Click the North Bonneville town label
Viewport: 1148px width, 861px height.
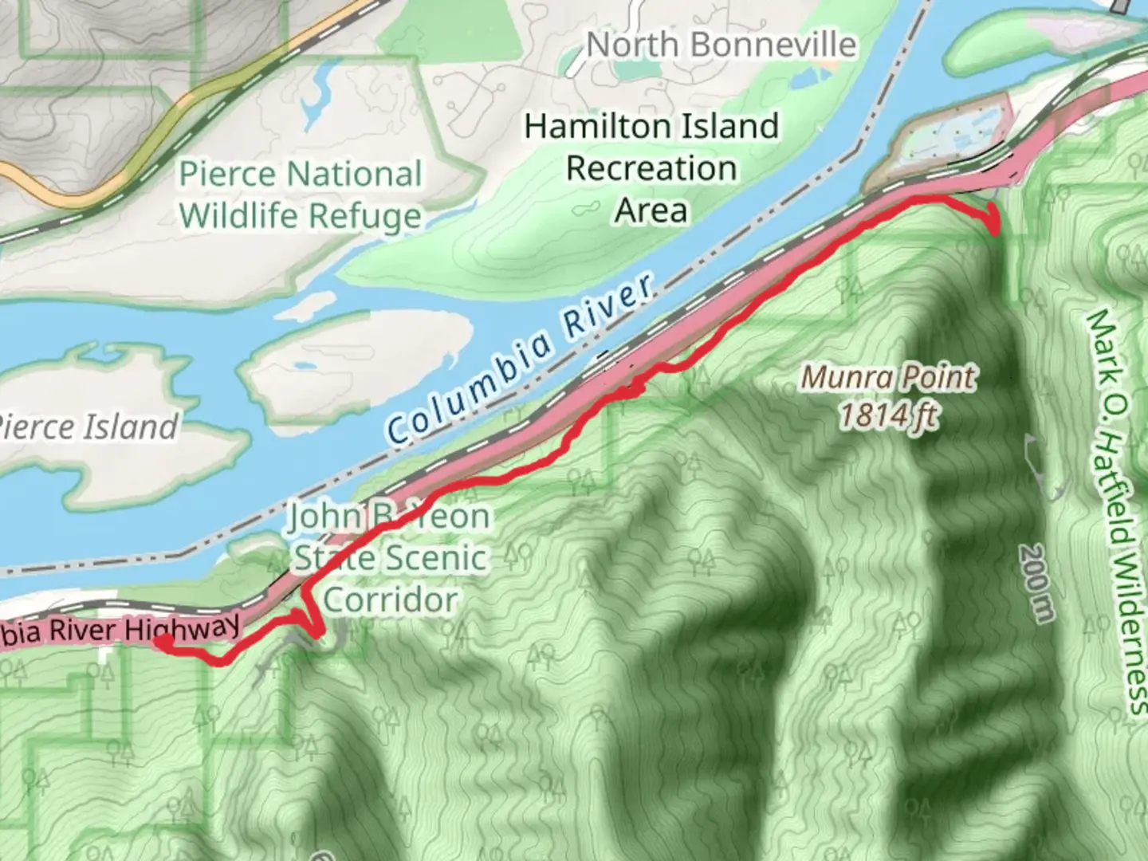point(721,45)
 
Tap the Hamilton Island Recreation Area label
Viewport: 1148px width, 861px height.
point(651,168)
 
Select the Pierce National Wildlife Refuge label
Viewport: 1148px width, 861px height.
point(300,195)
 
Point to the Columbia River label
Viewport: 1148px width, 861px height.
point(520,360)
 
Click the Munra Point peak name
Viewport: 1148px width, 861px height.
point(888,376)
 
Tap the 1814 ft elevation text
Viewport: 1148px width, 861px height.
point(888,415)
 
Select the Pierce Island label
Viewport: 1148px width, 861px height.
point(88,427)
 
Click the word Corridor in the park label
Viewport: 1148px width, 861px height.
point(390,600)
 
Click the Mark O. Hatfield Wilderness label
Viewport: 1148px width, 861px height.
point(1116,510)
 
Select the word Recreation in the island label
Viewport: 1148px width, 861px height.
point(651,168)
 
